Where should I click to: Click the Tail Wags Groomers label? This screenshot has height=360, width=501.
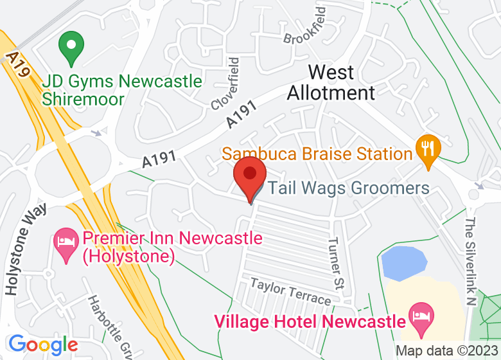click(x=348, y=188)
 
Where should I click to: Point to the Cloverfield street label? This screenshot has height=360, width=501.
click(x=225, y=83)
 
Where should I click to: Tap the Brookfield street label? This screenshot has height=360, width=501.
click(x=305, y=27)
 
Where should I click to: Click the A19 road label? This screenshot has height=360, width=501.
click(x=19, y=65)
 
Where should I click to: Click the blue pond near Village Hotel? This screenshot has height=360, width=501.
click(x=403, y=262)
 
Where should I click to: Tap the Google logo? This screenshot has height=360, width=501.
click(x=43, y=345)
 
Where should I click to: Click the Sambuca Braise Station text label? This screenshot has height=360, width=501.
click(x=317, y=154)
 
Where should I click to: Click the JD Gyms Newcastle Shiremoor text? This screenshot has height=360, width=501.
click(x=122, y=91)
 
